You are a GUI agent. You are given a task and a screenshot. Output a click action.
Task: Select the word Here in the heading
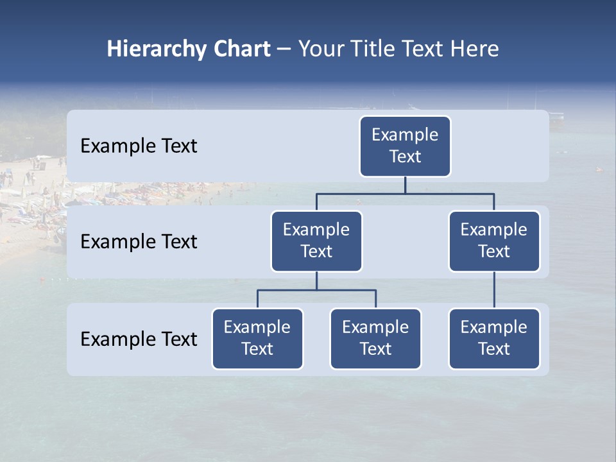[x=474, y=49]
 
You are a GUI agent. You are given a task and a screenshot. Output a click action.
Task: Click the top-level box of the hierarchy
[x=405, y=146]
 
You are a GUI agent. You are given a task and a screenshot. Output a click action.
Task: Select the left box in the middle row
[x=316, y=241]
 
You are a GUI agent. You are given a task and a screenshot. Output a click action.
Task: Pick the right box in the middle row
[x=494, y=241]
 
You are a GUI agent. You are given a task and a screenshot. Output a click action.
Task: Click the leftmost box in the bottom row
[x=257, y=339]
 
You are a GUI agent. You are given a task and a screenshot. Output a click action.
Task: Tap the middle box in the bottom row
[x=375, y=339]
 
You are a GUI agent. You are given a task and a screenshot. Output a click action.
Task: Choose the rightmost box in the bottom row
[x=494, y=339]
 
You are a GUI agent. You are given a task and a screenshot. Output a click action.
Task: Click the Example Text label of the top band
[x=139, y=146]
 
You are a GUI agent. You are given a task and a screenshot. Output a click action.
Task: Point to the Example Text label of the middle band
[x=139, y=242]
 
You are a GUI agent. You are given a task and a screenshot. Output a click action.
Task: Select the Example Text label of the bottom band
[x=139, y=339]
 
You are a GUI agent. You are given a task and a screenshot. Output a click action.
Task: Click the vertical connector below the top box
[x=405, y=185]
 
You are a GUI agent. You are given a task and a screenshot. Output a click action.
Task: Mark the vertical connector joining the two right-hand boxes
[x=494, y=290]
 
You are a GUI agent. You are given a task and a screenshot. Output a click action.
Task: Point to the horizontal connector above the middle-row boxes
[x=405, y=193]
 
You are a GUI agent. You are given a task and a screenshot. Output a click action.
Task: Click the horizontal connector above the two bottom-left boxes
[x=316, y=290]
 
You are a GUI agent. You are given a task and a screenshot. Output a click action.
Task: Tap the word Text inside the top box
[x=405, y=157]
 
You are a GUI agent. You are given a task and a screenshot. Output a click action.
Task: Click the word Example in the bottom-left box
[x=257, y=327]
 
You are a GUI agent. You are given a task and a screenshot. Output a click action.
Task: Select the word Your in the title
[x=321, y=49]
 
